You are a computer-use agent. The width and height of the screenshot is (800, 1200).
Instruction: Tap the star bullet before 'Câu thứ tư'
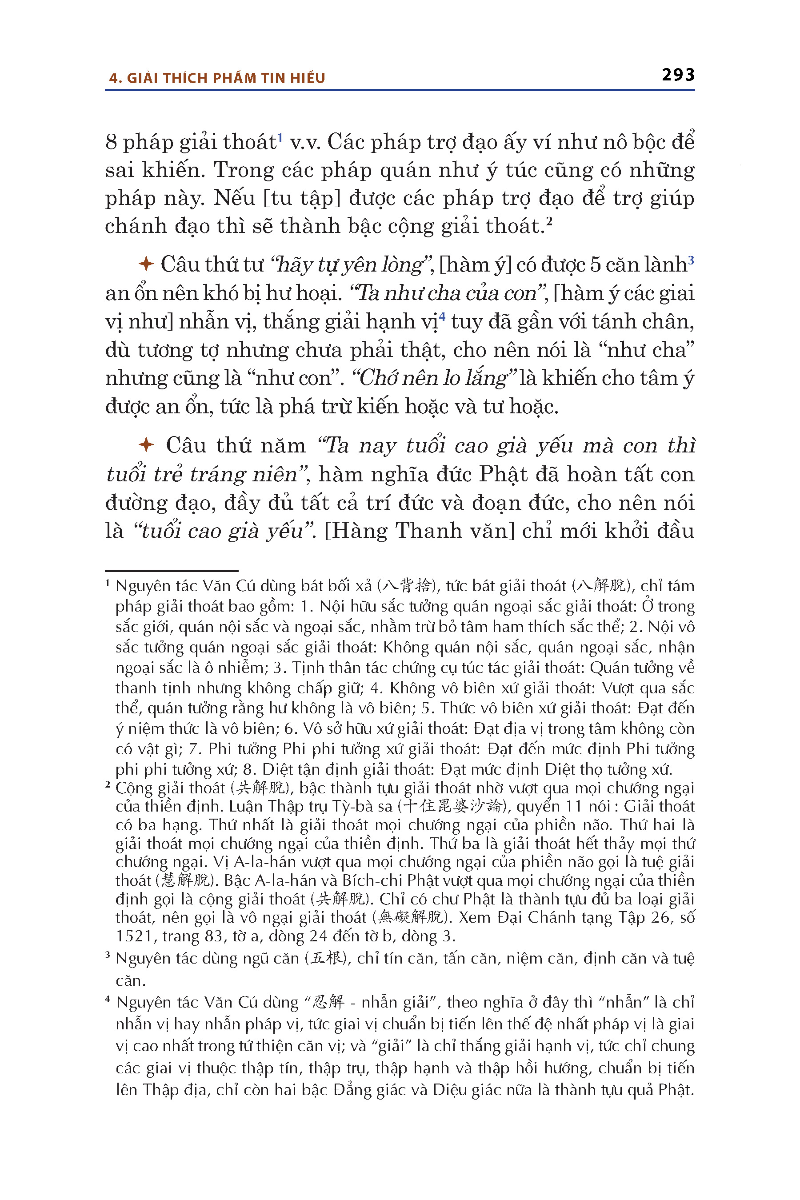click(x=146, y=264)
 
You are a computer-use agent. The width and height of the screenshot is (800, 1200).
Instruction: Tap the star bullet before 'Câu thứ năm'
click(x=146, y=445)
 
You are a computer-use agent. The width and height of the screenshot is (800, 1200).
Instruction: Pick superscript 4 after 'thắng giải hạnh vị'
click(x=442, y=317)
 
